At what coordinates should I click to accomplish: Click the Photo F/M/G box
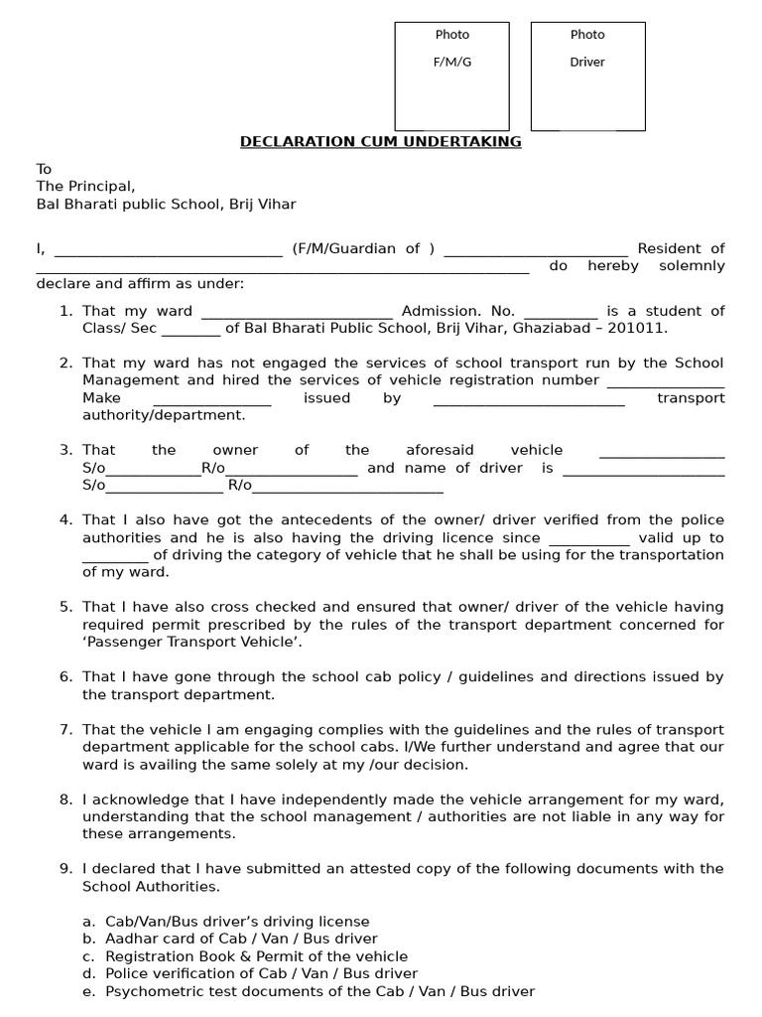click(x=451, y=76)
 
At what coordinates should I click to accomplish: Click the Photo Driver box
click(x=587, y=76)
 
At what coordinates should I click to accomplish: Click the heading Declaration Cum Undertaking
click(x=380, y=142)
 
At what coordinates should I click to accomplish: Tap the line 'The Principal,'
click(x=85, y=187)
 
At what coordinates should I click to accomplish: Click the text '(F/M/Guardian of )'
click(x=363, y=249)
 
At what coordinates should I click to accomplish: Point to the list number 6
click(x=65, y=677)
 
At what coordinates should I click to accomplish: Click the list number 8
click(x=65, y=799)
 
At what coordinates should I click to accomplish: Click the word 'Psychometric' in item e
click(x=150, y=992)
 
